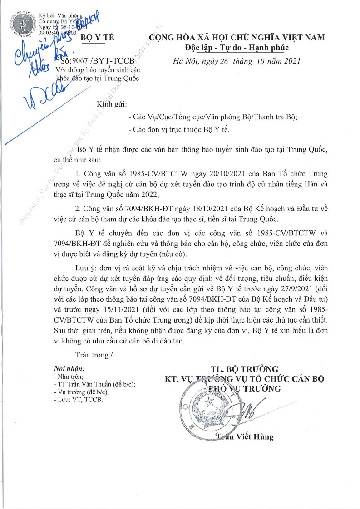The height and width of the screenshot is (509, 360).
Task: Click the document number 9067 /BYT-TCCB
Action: tap(97, 61)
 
